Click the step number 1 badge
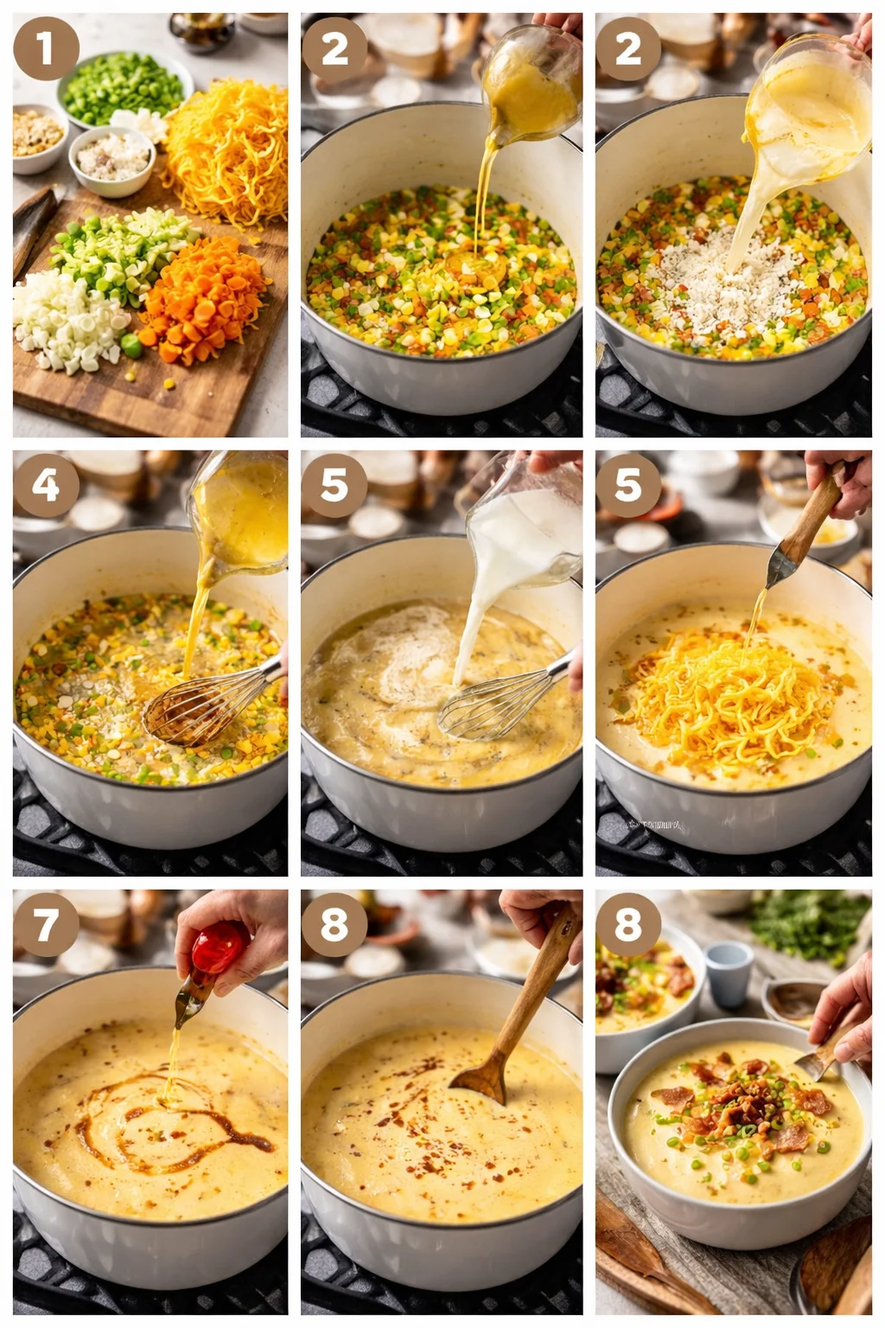46,48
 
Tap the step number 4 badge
46,485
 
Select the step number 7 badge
46,924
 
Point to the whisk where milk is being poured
493,705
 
